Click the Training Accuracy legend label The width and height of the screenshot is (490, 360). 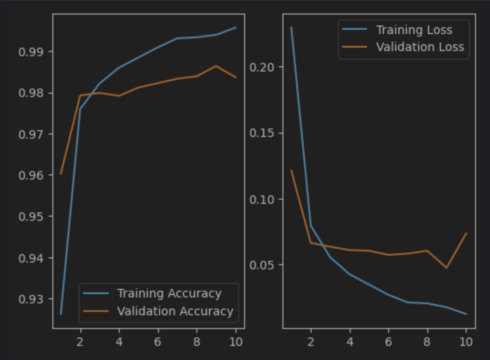(x=169, y=294)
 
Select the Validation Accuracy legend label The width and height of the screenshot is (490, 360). (x=175, y=311)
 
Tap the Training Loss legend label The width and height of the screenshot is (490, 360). (x=414, y=30)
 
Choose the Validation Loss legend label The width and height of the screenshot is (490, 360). (x=420, y=47)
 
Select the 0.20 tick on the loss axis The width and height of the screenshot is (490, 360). (x=261, y=67)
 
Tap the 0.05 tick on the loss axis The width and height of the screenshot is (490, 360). (x=261, y=265)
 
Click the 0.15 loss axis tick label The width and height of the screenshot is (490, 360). (x=261, y=133)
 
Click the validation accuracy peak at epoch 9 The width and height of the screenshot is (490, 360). (x=216, y=66)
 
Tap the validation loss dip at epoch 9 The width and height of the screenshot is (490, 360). (x=447, y=268)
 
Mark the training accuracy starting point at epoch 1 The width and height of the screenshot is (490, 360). (x=61, y=314)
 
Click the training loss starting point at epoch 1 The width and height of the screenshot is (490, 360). (x=292, y=27)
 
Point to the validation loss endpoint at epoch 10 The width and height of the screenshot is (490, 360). (x=466, y=233)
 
